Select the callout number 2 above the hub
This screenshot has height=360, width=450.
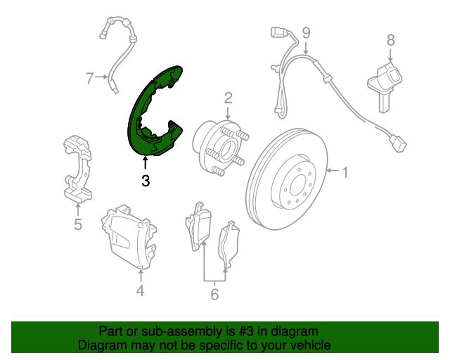coord(228,97)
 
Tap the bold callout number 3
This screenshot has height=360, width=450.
coord(145,181)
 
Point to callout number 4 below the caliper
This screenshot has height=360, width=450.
coord(140,290)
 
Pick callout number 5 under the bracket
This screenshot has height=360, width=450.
coord(77,225)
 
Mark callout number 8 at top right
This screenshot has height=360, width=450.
coord(390,41)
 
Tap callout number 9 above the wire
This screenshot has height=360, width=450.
coord(306,32)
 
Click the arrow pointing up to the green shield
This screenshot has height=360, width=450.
coord(145,163)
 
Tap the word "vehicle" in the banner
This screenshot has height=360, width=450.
coord(309,345)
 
